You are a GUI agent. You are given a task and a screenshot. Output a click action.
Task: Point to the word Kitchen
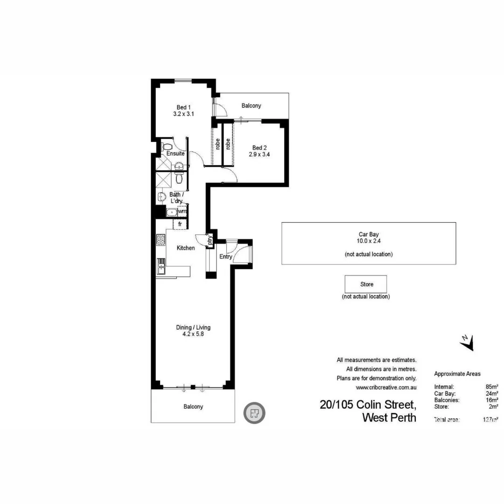[x=185, y=248]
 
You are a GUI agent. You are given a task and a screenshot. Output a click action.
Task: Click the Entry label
[x=226, y=257]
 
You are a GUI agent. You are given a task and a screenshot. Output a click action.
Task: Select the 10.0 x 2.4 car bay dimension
[x=369, y=242]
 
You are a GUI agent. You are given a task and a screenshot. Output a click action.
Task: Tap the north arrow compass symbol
[x=467, y=343]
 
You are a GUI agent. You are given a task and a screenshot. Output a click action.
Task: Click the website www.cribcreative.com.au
[x=386, y=387]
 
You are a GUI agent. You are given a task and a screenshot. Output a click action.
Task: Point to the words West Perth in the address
[x=389, y=418]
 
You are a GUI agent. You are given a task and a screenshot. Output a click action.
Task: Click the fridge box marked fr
[x=180, y=225]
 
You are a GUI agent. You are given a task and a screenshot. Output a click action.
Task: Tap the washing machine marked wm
[x=182, y=211]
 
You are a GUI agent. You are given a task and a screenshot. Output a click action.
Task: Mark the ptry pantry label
[x=210, y=240]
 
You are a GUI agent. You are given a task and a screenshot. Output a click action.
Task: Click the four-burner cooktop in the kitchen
[x=161, y=240]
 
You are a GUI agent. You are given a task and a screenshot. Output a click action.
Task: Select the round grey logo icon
[x=254, y=413]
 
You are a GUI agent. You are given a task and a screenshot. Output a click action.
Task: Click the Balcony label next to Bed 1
[x=251, y=106]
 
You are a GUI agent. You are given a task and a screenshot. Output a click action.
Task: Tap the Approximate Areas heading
[x=457, y=374]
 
